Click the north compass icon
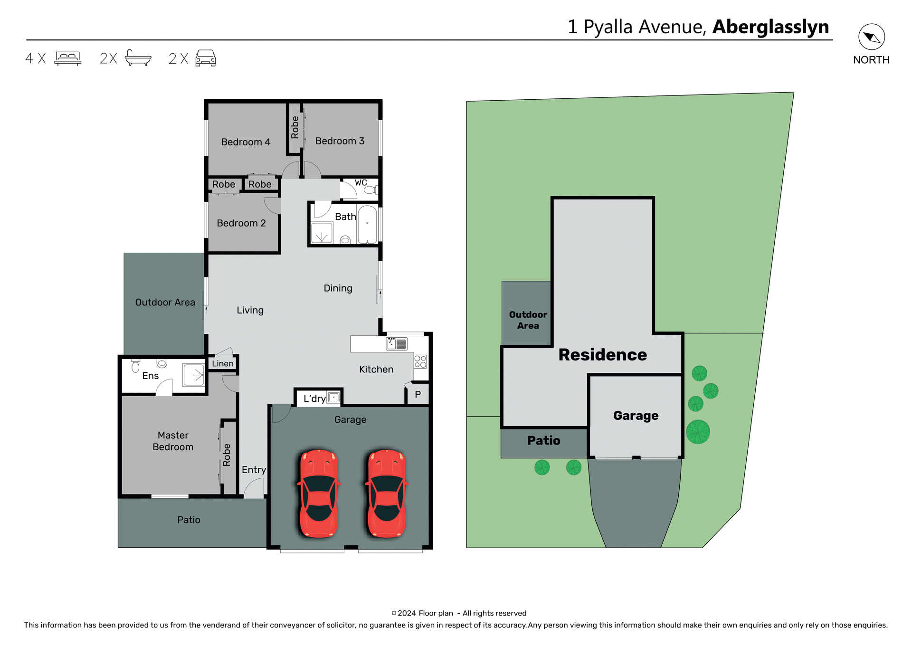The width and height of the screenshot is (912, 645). point(871,37)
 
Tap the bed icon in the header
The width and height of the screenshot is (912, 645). point(68,58)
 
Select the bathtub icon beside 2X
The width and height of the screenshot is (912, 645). point(138,58)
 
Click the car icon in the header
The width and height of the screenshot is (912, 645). point(206,58)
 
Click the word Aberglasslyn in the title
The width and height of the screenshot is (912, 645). point(770,27)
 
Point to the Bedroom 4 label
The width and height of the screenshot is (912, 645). point(246,142)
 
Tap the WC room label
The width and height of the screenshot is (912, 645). point(361,183)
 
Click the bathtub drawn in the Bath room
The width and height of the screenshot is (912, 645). point(367,225)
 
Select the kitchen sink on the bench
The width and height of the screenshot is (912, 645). point(397,343)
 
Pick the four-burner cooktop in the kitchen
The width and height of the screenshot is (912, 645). point(420,362)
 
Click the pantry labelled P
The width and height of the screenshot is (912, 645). point(418,395)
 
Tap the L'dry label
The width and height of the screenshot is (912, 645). point(314,399)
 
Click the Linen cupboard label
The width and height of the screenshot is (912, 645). point(223,364)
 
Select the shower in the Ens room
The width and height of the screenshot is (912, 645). point(194,376)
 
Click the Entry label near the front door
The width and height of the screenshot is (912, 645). point(254,470)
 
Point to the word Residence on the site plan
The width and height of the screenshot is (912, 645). point(602,355)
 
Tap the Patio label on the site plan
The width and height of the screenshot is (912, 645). point(543,441)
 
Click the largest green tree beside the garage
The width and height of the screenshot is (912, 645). point(698,432)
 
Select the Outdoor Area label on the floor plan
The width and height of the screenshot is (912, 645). point(165,303)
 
